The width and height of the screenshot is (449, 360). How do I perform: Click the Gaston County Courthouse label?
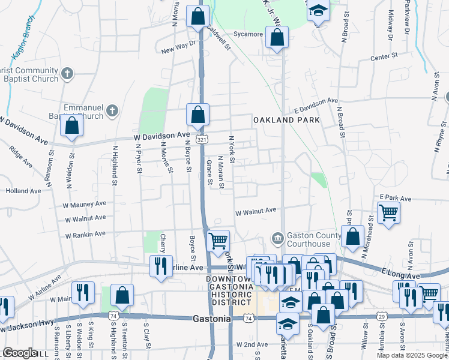pos(309,239)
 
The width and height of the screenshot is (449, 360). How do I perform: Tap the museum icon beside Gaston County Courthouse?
pos(277,239)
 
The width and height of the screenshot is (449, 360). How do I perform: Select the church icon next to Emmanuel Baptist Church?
pos(112,110)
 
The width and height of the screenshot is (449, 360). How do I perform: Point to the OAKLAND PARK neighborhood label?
pos(286,120)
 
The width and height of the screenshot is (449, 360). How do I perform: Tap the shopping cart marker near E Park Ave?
pos(389,212)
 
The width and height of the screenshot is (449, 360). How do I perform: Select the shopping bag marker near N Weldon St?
pos(71,125)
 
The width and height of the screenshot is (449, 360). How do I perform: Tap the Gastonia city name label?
pos(211,319)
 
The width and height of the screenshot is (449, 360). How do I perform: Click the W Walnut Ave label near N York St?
pos(255,211)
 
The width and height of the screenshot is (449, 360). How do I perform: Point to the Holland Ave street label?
pos(23,191)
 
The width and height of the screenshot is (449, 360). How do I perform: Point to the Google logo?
pos(20,353)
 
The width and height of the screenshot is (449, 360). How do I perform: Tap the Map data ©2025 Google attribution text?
pos(411,355)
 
